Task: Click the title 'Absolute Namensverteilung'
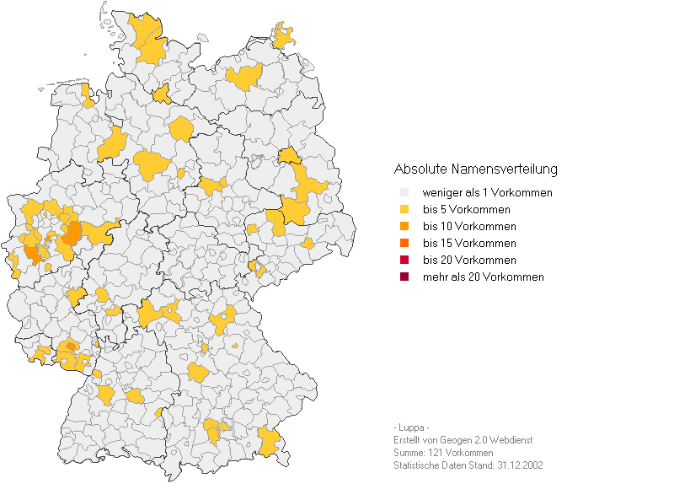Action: tap(475, 169)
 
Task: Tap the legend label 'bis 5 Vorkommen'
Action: tap(466, 210)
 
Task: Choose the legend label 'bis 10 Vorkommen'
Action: tap(468, 227)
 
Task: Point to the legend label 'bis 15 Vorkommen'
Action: tap(468, 244)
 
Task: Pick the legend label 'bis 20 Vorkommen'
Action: tap(468, 261)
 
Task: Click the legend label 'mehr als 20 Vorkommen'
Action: tap(483, 277)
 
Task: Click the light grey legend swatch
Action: tap(404, 193)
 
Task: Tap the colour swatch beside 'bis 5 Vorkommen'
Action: tap(404, 210)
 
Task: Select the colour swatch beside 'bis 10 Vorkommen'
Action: tap(404, 227)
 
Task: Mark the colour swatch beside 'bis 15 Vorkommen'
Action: tap(404, 244)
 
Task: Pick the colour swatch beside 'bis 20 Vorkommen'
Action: tap(404, 261)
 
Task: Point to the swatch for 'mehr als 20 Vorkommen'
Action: tap(404, 277)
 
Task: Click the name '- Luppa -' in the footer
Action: tap(411, 427)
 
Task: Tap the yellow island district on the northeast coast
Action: tap(285, 36)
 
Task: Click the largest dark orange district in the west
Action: tap(72, 233)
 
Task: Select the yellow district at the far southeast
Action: tap(269, 440)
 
